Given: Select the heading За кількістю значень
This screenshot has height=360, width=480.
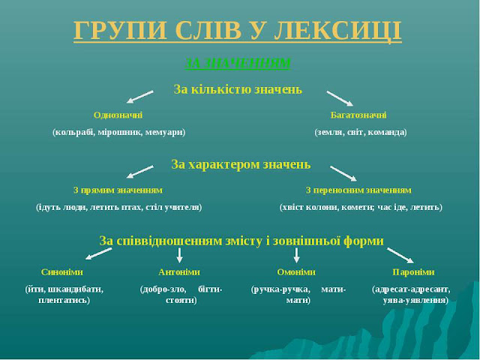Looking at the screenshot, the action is (238, 89).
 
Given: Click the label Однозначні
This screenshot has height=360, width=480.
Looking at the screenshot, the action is (118, 115).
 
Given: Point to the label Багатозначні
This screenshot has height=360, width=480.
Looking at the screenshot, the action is (358, 115).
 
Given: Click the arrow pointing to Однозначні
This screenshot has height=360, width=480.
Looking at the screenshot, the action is (139, 97).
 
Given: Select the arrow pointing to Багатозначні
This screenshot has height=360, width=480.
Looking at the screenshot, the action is (340, 97).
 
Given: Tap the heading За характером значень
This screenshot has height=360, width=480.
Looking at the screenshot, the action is (241, 163).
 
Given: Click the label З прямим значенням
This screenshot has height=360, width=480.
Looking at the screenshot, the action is (118, 190).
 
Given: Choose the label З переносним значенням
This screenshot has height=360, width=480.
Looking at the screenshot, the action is (358, 190).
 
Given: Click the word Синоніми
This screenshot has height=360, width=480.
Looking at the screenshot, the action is (62, 271).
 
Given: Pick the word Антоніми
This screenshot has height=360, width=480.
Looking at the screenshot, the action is (179, 271).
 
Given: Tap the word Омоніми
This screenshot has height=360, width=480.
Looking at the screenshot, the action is (296, 271).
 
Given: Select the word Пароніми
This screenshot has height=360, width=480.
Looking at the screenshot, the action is (413, 271).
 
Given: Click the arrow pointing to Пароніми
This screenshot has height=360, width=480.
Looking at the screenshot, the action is (400, 255).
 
